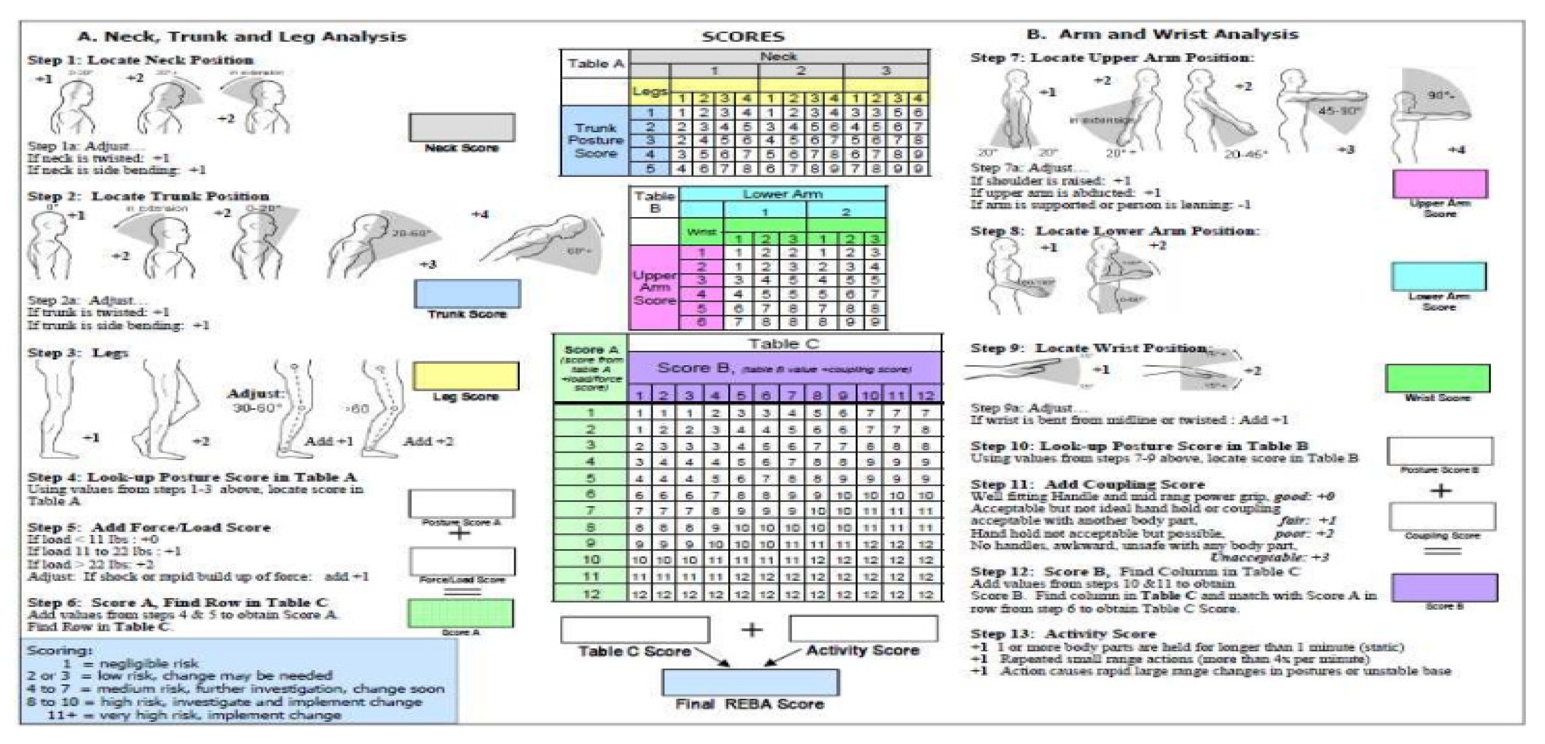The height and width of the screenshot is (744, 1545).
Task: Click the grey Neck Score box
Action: [462, 127]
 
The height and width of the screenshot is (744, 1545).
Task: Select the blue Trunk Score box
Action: [467, 294]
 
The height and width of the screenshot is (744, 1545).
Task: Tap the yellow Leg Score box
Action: [466, 376]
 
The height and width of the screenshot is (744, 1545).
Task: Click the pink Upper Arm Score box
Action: [1440, 184]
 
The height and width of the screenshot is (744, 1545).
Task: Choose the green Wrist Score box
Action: [1437, 379]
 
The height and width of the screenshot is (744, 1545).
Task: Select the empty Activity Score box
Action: [864, 629]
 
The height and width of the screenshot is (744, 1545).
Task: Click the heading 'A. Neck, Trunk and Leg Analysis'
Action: [242, 36]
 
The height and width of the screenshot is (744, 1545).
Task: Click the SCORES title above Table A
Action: [743, 36]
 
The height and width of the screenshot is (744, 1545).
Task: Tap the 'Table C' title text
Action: [783, 344]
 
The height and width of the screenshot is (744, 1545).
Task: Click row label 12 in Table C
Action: [591, 594]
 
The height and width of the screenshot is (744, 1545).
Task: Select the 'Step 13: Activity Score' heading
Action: [1063, 633]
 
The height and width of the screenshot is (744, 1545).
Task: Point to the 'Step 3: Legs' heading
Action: [78, 353]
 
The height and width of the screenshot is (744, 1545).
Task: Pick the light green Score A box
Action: [461, 614]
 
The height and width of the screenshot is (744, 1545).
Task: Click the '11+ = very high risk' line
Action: [194, 715]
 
